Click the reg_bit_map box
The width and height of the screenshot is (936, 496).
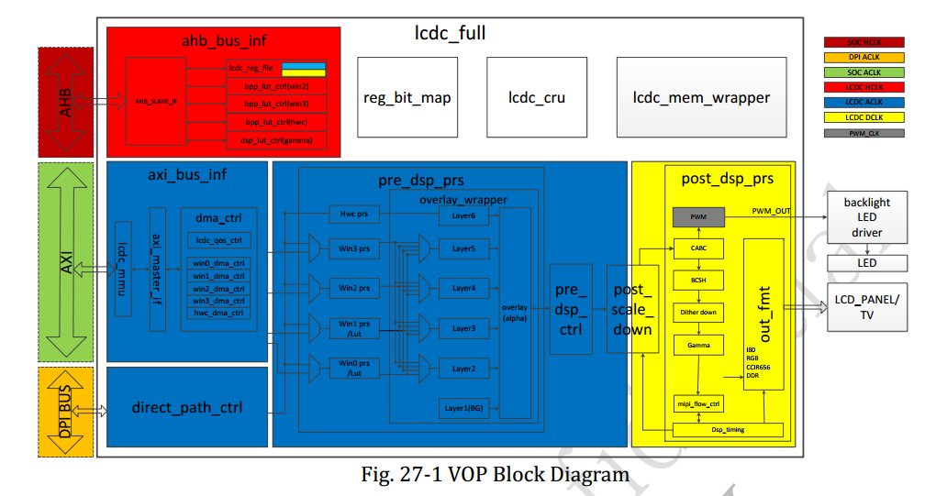coord(407,97)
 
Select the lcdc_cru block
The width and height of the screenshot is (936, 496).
coord(537,97)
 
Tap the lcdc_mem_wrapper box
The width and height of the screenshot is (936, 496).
coord(701,97)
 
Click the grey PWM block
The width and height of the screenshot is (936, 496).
coord(699,217)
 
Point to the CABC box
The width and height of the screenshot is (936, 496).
coord(699,248)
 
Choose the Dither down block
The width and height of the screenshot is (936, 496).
coord(699,312)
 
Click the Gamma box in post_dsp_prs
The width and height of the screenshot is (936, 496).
coord(699,345)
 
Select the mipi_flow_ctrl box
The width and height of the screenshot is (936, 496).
coord(699,402)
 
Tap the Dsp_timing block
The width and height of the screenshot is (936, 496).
coord(728,429)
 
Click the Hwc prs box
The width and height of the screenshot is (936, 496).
coord(353,215)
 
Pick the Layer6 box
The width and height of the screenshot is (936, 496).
coord(463,215)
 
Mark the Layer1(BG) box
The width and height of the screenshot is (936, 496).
coord(463,408)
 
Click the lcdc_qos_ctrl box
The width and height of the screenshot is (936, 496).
coord(219,240)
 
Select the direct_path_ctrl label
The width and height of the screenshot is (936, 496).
coord(188,408)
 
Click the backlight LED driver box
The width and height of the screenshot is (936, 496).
coord(867,217)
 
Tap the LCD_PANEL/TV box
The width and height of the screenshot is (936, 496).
coord(867,306)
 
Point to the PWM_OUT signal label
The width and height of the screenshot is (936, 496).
coord(771,211)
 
